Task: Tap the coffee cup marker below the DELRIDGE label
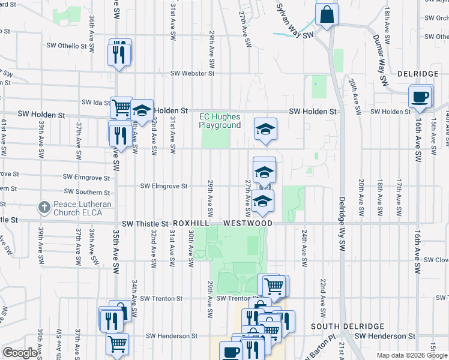point(420,96)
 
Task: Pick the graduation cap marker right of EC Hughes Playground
point(265,129)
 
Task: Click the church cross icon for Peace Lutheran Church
point(43,208)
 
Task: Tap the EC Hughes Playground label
point(220,121)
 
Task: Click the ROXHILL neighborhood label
point(193,223)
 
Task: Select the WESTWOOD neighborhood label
point(248,223)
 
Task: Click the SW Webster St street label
point(192,73)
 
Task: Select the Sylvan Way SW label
point(295,22)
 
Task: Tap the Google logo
point(20,353)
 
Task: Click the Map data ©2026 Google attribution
point(411,355)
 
